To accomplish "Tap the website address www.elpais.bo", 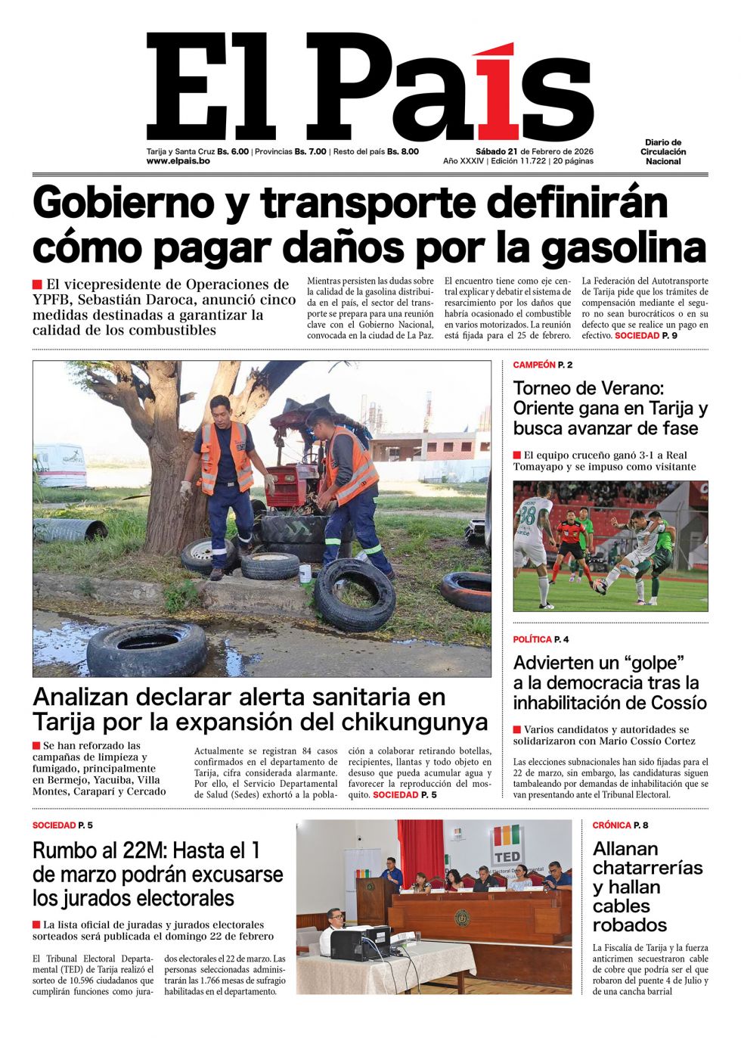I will pyautogui.click(x=178, y=161).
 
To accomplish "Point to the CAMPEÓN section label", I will pyautogui.click(x=534, y=365).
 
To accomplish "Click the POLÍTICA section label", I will pyautogui.click(x=532, y=640).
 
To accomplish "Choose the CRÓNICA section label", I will pyautogui.click(x=612, y=825).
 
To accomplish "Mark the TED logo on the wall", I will pyautogui.click(x=507, y=844).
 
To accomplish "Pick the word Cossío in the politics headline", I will pyautogui.click(x=674, y=703).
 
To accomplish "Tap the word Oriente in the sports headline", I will pyautogui.click(x=550, y=409).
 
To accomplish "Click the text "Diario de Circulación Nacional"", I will pyautogui.click(x=663, y=152).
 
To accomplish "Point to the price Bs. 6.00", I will pyautogui.click(x=233, y=151).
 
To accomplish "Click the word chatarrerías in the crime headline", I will pyautogui.click(x=647, y=868).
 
